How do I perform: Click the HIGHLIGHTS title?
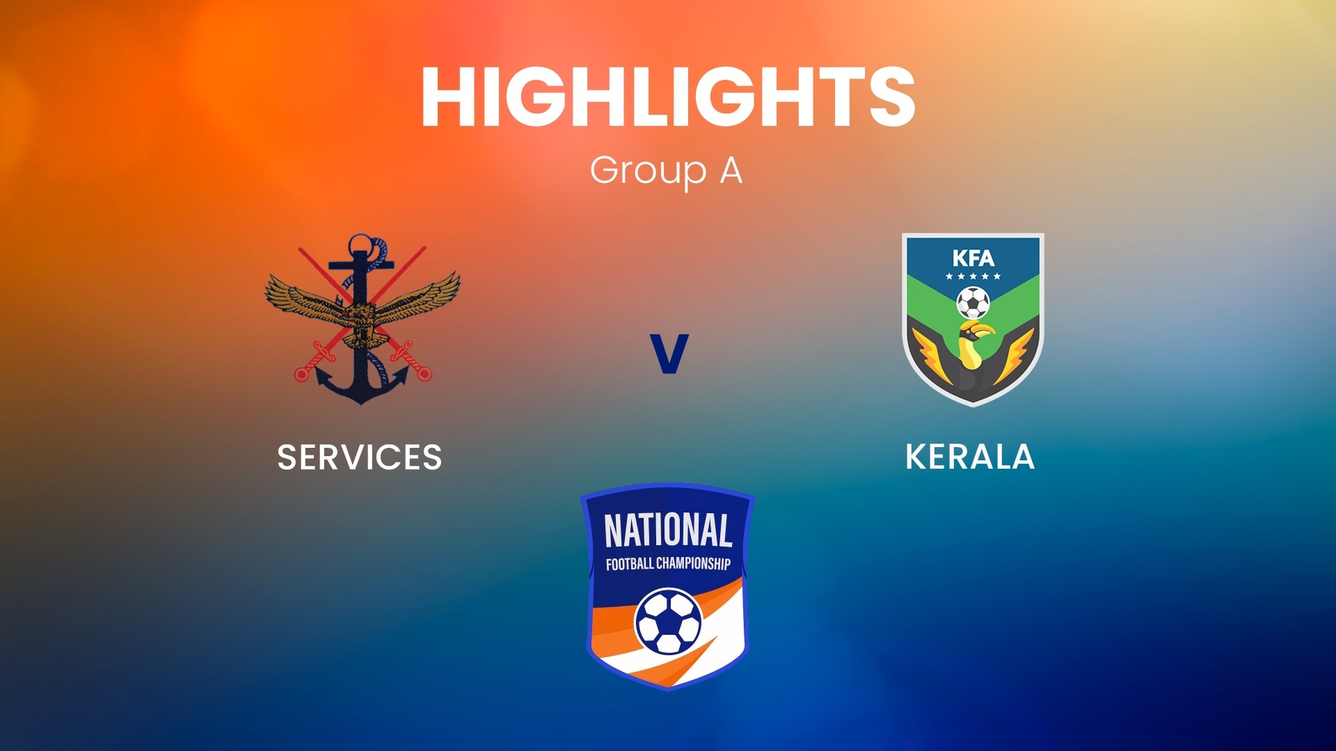pos(668,97)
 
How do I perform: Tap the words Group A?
pos(667,170)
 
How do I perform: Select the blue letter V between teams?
pos(669,353)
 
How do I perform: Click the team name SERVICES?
pos(360,458)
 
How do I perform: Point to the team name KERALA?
pos(970,457)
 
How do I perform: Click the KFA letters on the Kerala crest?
pos(973,259)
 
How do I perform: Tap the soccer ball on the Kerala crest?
pos(973,302)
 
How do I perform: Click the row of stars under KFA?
pos(973,277)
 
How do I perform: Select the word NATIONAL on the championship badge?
pos(668,531)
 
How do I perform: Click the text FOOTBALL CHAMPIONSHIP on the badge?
pos(668,563)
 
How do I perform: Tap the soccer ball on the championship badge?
pos(668,622)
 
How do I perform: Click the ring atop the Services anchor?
pos(360,245)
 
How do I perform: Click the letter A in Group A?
pos(731,170)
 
